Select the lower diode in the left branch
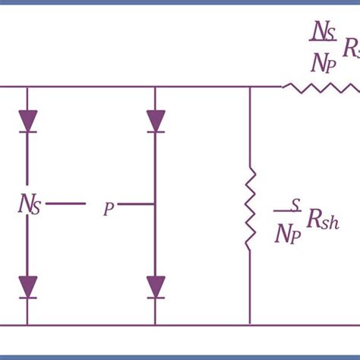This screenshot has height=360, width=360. (28, 287)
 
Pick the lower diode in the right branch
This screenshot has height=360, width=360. (156, 287)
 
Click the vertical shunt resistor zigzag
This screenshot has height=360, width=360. (250, 210)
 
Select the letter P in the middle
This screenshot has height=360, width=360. (109, 209)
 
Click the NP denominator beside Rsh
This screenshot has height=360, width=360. (286, 235)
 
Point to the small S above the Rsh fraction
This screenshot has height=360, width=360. (295, 204)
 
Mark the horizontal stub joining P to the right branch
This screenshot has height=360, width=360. (137, 204)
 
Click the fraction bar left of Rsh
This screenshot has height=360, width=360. (286, 215)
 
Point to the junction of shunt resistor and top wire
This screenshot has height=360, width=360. (250, 87)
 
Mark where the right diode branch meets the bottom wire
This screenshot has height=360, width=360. (156, 327)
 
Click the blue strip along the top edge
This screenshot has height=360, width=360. (180, 2)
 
